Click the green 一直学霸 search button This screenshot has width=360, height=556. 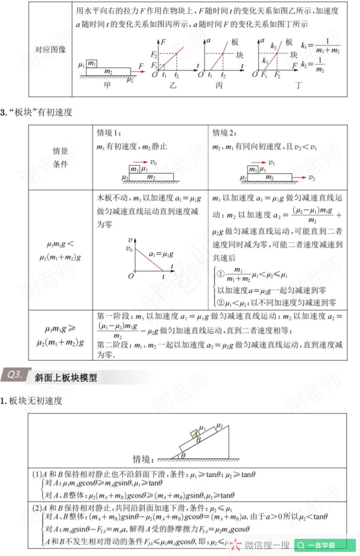325,545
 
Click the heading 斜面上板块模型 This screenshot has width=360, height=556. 66,378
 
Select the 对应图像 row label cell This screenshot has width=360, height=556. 50,50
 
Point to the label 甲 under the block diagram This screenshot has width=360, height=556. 107,85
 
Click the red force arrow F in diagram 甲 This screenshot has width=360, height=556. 138,71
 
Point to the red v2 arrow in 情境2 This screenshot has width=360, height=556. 299,178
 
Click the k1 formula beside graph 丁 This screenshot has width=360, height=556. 321,46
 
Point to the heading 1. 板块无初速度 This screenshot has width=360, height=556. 31,400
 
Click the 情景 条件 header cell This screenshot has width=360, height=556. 60,158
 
